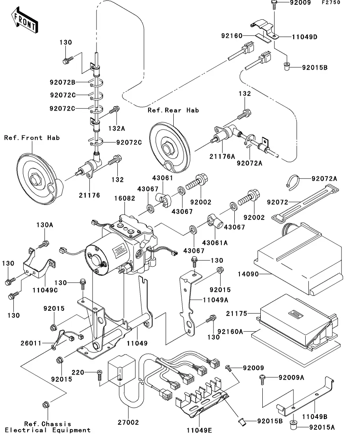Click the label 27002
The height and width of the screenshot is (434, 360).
pyautogui.click(x=129, y=423)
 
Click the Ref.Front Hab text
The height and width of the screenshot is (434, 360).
pyautogui.click(x=32, y=138)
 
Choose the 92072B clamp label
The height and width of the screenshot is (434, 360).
pyautogui.click(x=62, y=83)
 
